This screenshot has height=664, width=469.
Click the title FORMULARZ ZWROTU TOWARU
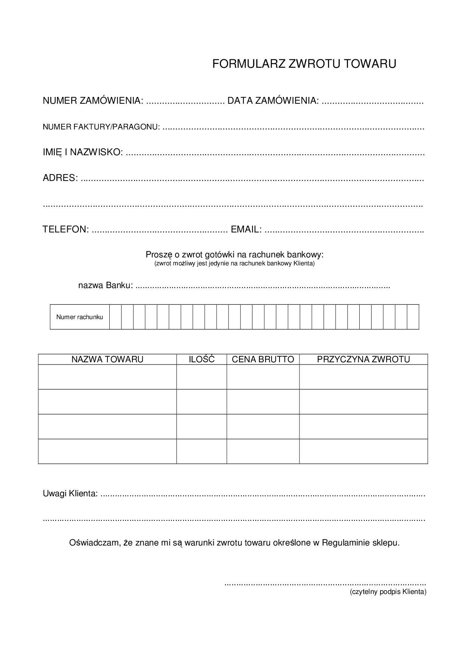pos(304,64)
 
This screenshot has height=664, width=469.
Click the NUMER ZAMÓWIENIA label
pos(93,101)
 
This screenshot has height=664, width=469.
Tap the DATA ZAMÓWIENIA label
pos(273,101)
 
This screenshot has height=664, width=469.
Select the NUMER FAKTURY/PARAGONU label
pos(101,127)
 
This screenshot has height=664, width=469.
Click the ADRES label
pos(60,178)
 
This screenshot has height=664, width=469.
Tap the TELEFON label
pos(66,229)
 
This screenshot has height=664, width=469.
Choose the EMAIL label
pos(246,229)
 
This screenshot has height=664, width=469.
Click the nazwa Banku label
pos(106,285)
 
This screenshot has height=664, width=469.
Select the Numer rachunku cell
pos(79,317)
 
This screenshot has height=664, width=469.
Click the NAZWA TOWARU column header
pos(107,359)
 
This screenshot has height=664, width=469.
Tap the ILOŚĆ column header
pos(202,359)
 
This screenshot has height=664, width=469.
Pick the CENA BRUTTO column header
pos(263,359)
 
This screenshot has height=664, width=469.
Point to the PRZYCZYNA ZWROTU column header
pos(363,359)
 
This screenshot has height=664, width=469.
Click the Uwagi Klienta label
pos(70,494)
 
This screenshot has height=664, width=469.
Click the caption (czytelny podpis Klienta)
pos(388,592)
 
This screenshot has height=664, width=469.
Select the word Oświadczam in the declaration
pos(95,543)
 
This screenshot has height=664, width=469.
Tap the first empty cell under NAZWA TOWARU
pos(107,377)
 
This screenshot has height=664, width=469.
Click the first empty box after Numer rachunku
pos(115,317)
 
